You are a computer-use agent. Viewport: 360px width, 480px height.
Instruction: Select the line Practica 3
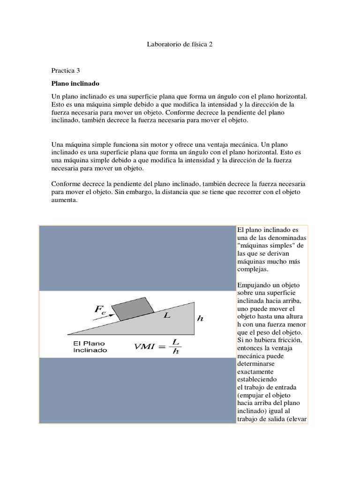click(66, 70)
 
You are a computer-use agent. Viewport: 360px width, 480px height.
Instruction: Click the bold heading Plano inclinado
click(75, 83)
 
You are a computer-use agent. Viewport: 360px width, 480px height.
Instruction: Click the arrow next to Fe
click(104, 317)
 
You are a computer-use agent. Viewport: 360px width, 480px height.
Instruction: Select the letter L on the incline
click(166, 316)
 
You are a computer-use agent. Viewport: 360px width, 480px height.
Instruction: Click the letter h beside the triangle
click(201, 318)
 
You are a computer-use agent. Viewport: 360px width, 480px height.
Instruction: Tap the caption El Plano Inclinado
click(90, 346)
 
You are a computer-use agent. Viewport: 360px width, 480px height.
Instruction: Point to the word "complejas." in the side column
click(254, 270)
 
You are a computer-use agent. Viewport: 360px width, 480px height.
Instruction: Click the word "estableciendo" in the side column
click(257, 378)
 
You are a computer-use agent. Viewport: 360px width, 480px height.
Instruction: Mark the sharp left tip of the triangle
click(69, 334)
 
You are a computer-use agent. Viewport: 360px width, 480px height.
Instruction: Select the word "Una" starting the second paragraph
click(57, 145)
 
